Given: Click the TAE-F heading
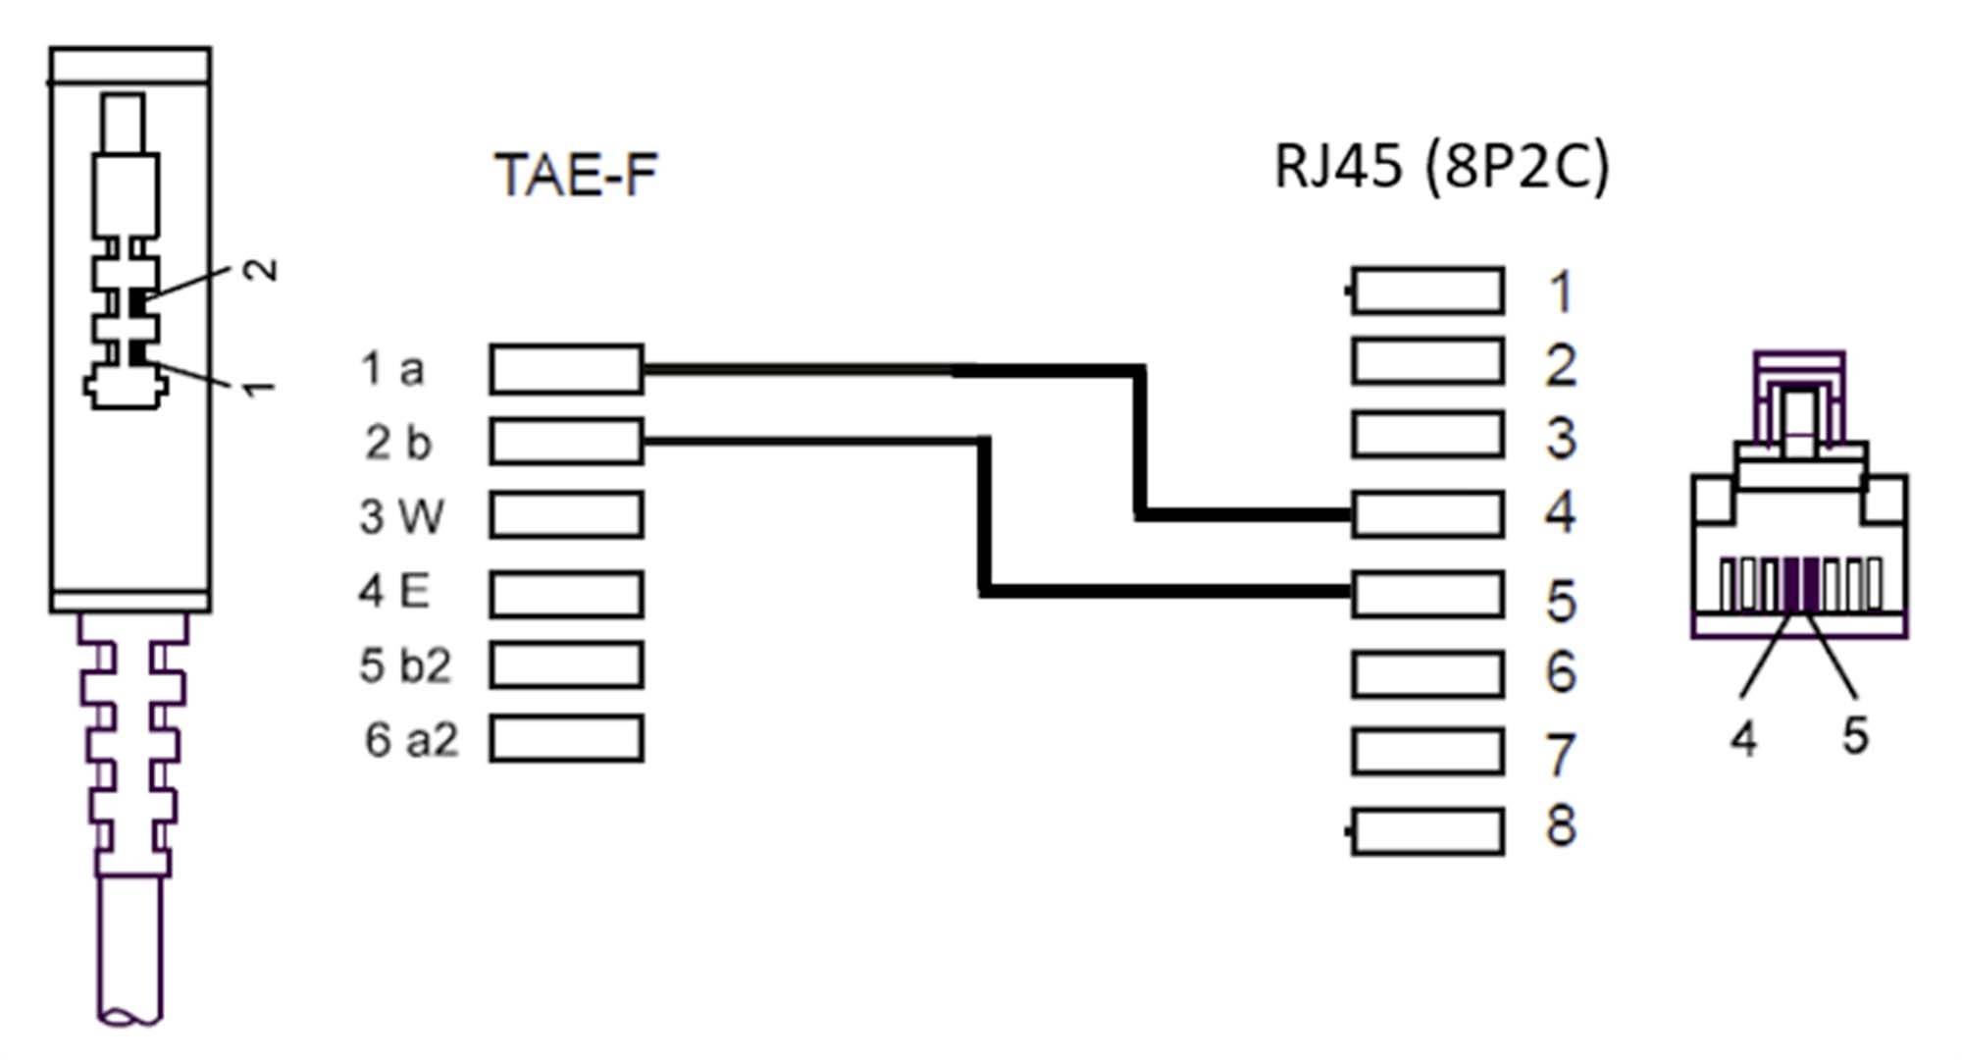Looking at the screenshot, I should click(576, 176).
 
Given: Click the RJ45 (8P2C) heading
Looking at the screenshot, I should click(1441, 166).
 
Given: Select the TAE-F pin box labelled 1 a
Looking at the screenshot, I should click(566, 369).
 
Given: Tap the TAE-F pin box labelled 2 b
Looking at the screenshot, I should click(566, 442).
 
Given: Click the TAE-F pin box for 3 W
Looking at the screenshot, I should click(566, 515).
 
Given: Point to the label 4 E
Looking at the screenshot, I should click(394, 592).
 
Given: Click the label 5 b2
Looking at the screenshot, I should click(405, 666).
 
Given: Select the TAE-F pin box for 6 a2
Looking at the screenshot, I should click(566, 738).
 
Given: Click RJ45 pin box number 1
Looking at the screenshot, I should click(1427, 291).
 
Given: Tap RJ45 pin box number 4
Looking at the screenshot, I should click(1427, 514).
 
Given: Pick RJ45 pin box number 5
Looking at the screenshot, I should click(1427, 594).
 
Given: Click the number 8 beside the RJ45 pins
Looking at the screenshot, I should click(1561, 826).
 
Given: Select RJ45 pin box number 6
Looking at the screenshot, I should click(1427, 674).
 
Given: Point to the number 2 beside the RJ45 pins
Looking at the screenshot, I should click(1561, 365).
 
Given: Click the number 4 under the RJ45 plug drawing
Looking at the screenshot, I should click(1743, 737).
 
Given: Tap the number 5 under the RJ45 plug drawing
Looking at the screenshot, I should click(1854, 734).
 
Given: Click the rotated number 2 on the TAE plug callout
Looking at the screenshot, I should click(261, 270).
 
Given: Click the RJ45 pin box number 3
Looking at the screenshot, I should click(1427, 436).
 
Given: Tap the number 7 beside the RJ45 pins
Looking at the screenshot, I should click(1561, 755).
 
